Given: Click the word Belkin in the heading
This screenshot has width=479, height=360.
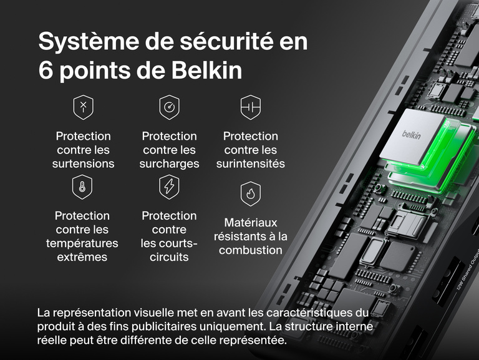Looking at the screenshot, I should tap(209, 71).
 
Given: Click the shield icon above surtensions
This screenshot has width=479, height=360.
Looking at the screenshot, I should tap(83, 107).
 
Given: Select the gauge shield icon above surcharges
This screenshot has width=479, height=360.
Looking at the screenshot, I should tap(169, 107).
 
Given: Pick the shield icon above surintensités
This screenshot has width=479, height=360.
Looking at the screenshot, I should tap(250, 107).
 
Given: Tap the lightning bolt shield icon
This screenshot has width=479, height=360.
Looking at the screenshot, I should tap(169, 186).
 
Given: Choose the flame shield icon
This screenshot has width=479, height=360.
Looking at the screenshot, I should tap(250, 195).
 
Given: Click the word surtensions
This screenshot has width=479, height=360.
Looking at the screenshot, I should tap(83, 163).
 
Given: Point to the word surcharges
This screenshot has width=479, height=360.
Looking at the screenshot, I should tap(169, 163).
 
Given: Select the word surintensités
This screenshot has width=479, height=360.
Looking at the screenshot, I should tap(250, 163).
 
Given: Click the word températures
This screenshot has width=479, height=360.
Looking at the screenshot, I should tap(82, 243).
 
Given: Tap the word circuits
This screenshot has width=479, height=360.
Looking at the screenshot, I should tap(169, 257).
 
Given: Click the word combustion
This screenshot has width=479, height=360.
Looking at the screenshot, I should tap(250, 250).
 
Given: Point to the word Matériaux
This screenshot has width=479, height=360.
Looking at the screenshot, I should tap(250, 222).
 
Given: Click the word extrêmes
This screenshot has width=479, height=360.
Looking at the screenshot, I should tap(82, 257).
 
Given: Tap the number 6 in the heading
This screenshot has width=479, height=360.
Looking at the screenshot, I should tap(46, 71).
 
